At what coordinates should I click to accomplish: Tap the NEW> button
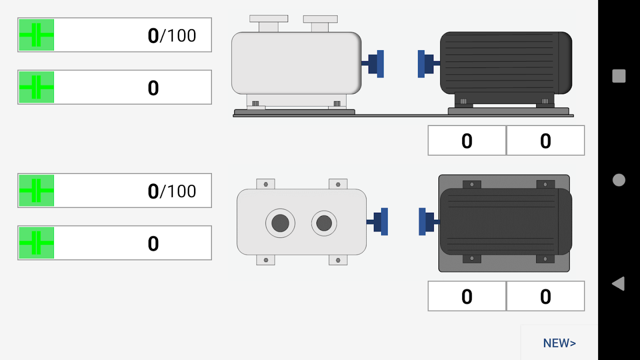[559, 343]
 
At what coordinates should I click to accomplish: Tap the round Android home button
[619, 180]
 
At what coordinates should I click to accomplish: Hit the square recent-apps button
[619, 76]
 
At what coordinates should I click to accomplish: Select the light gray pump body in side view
[296, 63]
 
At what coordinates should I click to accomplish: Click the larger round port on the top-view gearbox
[280, 223]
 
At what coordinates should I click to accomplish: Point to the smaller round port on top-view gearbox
[324, 223]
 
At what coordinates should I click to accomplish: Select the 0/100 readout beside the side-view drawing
[171, 35]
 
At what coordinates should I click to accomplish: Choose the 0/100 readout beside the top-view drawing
[171, 191]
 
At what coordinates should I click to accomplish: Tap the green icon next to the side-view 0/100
[36, 35]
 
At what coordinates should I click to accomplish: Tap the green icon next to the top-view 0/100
[36, 191]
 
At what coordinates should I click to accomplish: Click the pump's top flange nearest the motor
[320, 19]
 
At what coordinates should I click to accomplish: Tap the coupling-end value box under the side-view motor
[467, 141]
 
